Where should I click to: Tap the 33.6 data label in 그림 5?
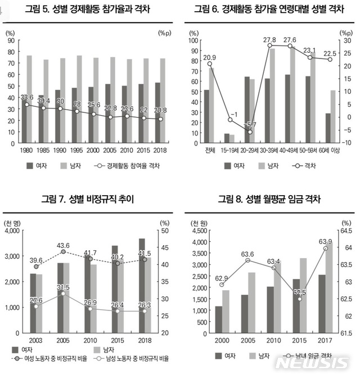point(27,98)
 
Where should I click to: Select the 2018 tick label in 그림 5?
point(160,150)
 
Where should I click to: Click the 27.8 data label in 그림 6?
point(269,40)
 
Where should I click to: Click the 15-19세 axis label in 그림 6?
point(229,150)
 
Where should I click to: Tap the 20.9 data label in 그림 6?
point(210,57)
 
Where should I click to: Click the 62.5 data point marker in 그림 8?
point(300,299)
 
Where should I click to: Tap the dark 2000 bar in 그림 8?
point(218,319)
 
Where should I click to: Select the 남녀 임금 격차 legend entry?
point(307,355)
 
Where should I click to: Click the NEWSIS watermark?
point(312,363)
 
